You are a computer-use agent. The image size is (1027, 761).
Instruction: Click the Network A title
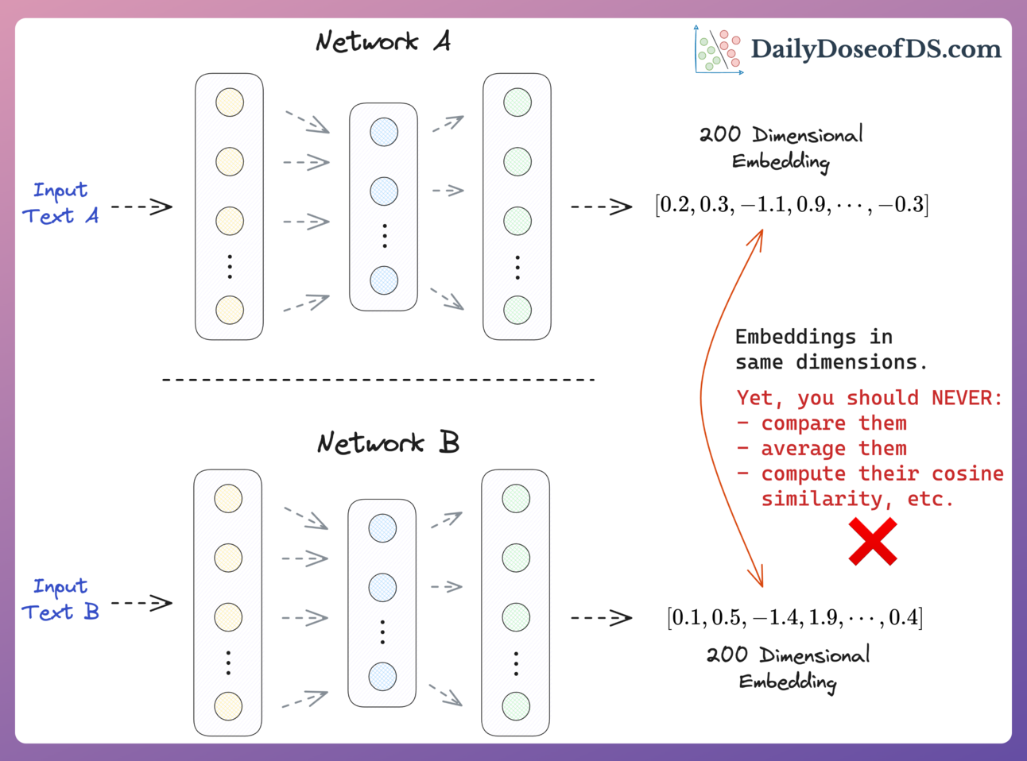[x=383, y=41]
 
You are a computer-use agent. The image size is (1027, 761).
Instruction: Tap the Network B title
[x=388, y=442]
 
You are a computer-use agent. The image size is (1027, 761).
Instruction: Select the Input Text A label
[x=60, y=203]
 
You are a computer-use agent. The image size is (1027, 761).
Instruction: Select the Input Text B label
[x=60, y=600]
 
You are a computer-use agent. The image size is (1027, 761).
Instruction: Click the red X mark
[x=873, y=542]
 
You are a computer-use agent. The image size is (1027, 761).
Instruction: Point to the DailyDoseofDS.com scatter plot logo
[x=718, y=50]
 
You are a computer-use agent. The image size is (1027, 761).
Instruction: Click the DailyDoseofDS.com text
[x=875, y=49]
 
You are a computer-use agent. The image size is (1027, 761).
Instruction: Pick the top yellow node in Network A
[x=230, y=102]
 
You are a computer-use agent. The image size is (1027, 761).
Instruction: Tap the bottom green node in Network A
[x=517, y=310]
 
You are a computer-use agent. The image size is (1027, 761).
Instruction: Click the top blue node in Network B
[x=382, y=528]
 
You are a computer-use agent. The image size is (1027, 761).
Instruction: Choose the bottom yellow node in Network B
[x=228, y=705]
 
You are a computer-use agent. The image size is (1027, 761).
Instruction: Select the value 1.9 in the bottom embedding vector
[x=826, y=617]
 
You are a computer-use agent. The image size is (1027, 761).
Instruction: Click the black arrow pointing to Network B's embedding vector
[x=601, y=617]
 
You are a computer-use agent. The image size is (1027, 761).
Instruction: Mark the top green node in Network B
[x=516, y=499]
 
